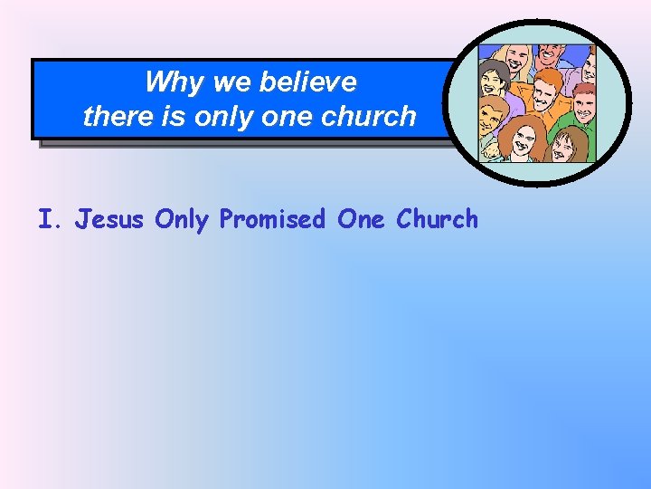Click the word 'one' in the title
[x=287, y=116]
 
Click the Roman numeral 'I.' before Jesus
[x=51, y=219]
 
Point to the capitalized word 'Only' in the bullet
[x=185, y=219]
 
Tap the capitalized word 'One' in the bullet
[x=359, y=219]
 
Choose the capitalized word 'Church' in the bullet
[x=438, y=219]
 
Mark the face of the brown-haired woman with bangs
[x=566, y=144]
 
